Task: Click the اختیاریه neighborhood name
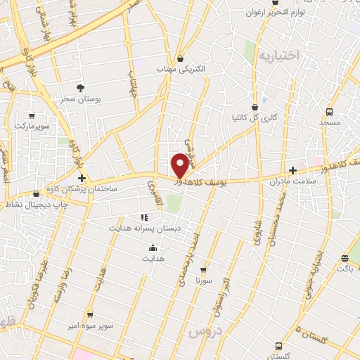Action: [x=278, y=55]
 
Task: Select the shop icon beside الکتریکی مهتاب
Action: [x=181, y=58]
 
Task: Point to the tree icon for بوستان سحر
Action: [x=80, y=88]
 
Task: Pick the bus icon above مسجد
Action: [x=330, y=110]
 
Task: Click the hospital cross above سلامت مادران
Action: [x=292, y=170]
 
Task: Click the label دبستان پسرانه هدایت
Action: [x=143, y=229]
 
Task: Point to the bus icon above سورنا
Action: [x=205, y=269]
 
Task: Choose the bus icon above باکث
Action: [x=345, y=258]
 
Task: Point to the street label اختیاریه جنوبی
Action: [x=314, y=275]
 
